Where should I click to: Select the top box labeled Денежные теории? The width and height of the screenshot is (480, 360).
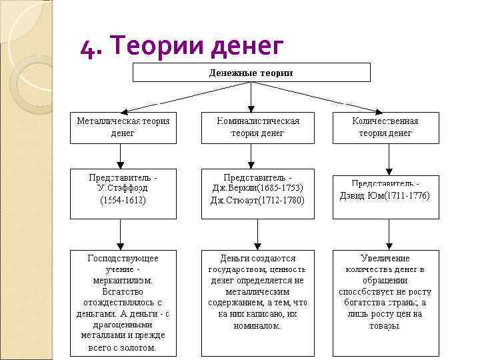pyautogui.click(x=251, y=72)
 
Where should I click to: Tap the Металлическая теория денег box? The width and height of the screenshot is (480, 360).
pyautogui.click(x=123, y=127)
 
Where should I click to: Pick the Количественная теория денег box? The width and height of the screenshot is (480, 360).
pyautogui.click(x=386, y=127)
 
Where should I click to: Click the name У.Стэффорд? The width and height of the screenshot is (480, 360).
pyautogui.click(x=123, y=188)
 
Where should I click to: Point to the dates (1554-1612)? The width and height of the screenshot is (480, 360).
pyautogui.click(x=123, y=199)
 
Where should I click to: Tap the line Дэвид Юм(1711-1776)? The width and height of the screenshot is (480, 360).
pyautogui.click(x=386, y=195)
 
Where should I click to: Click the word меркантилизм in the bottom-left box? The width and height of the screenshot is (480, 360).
pyautogui.click(x=123, y=281)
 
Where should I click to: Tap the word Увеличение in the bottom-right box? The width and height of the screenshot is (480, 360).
pyautogui.click(x=386, y=258)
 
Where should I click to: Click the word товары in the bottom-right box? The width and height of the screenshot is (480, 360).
pyautogui.click(x=386, y=326)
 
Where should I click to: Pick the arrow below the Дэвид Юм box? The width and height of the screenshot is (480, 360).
pyautogui.click(x=389, y=235)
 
